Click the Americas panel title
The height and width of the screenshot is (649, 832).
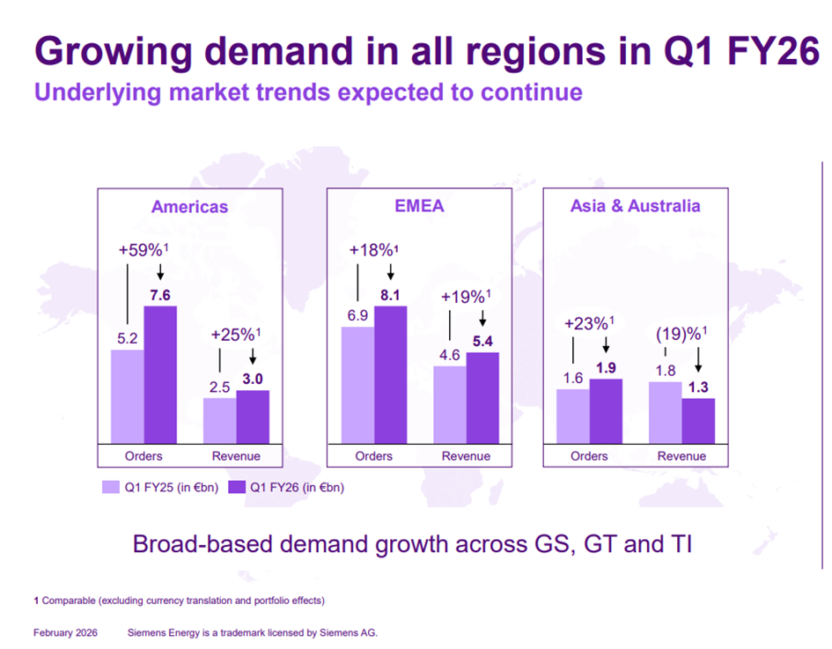[189, 207]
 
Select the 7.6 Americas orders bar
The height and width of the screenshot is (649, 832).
[160, 374]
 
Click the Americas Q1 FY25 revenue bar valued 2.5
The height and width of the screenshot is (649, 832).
[219, 420]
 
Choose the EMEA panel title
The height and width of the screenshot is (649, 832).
[419, 206]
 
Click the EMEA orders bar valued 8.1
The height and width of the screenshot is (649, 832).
[391, 374]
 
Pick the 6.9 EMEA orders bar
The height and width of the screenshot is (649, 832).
[357, 385]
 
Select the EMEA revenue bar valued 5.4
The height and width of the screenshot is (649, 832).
[482, 397]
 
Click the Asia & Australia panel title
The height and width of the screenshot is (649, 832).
[635, 206]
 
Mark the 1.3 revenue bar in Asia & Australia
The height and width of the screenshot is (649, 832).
[698, 420]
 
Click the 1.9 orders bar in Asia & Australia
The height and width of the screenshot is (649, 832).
[606, 410]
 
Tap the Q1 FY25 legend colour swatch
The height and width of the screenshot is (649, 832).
[110, 486]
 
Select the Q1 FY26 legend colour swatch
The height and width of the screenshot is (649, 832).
[236, 486]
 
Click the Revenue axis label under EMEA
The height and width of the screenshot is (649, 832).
[466, 456]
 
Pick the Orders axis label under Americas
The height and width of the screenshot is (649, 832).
[143, 456]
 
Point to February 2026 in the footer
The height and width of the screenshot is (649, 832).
[65, 633]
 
